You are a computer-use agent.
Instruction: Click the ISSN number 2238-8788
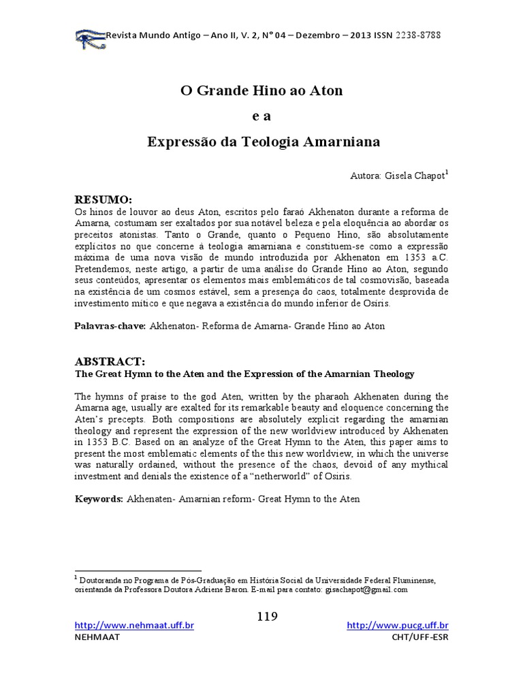point(422,35)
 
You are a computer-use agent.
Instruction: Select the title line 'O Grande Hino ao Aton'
point(261,90)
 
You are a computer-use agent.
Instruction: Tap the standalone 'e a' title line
point(261,116)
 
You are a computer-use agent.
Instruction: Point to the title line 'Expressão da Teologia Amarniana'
point(264,142)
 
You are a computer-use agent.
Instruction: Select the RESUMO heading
point(102,199)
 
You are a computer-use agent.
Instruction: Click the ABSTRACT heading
point(109,361)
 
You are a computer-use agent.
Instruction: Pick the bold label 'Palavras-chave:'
point(110,326)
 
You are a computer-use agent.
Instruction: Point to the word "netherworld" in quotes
point(291,476)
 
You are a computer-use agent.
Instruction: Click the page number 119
point(268,617)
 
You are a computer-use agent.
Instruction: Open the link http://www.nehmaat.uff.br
point(134,626)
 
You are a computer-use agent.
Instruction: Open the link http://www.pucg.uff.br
point(398,626)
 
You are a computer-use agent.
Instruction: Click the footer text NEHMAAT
point(96,637)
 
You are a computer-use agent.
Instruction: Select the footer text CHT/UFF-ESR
point(420,637)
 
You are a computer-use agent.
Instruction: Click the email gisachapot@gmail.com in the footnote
point(366,590)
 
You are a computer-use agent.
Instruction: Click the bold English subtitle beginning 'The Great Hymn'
point(244,374)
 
